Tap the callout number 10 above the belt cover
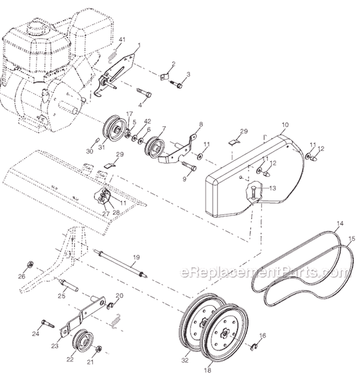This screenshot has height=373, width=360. coord(285,125)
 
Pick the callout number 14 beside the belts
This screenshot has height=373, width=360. coord(340,224)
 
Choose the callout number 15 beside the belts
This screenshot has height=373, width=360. coord(352,238)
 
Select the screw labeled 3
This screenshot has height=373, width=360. coord(177,85)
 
